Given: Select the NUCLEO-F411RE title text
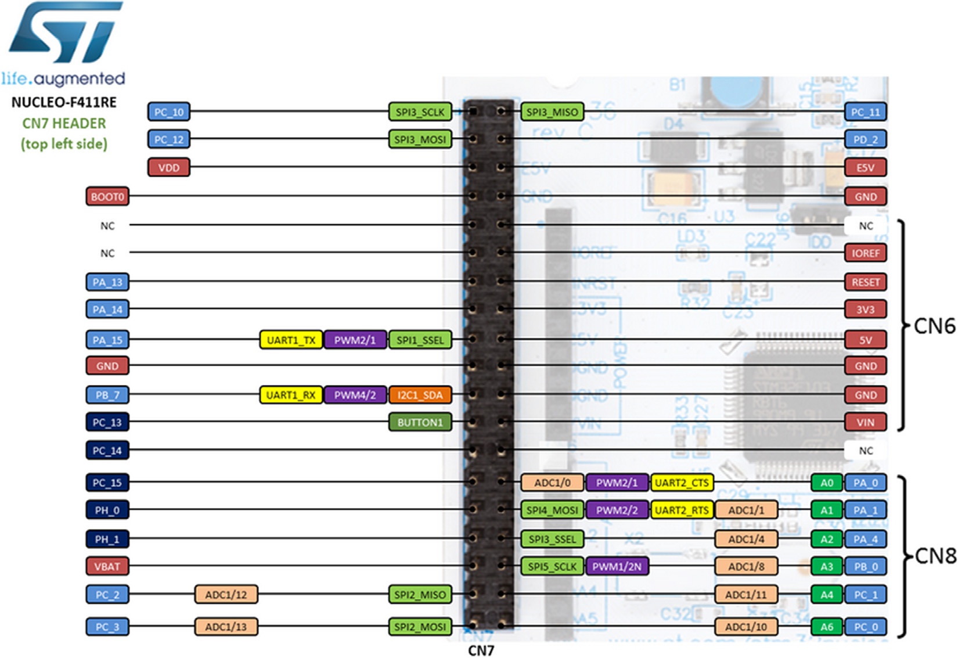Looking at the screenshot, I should click(64, 103).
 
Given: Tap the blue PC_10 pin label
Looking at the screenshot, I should click(169, 112).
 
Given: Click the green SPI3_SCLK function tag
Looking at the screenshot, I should click(420, 112).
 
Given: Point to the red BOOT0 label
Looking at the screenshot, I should click(107, 197).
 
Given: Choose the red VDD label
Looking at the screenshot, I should click(169, 168).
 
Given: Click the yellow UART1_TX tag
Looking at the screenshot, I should click(291, 340).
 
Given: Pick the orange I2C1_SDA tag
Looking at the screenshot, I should click(420, 395).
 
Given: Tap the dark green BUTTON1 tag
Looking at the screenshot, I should click(420, 423).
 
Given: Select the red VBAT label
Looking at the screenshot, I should click(107, 566).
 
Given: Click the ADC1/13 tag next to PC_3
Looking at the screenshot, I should click(226, 627).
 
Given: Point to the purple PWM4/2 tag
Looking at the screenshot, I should click(355, 395).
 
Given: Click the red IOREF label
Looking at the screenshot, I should click(865, 253).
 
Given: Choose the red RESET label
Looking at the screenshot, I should click(865, 282).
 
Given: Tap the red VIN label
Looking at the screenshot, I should click(865, 423).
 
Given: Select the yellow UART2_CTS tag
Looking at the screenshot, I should click(682, 483).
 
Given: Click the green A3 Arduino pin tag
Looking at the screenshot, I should click(827, 567).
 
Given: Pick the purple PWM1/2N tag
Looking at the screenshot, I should click(617, 567).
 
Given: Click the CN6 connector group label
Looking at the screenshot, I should click(934, 326).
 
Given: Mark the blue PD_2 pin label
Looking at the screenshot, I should click(865, 140).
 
